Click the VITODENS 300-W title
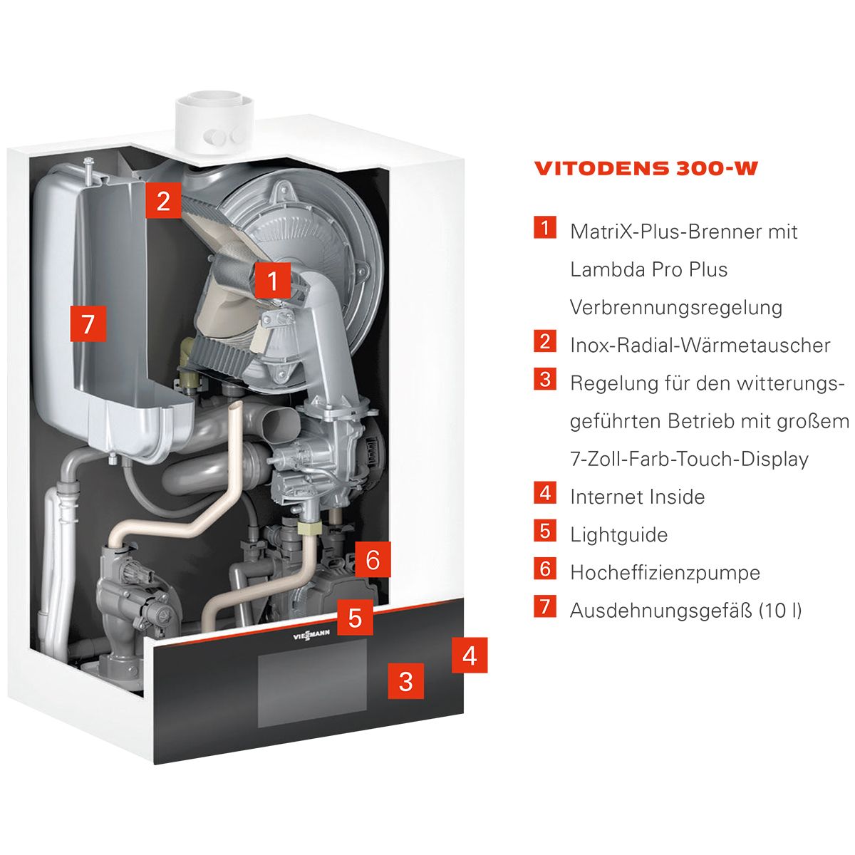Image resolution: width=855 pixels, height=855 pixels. [x=646, y=169]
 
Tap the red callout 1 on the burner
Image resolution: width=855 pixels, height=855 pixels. [x=272, y=281]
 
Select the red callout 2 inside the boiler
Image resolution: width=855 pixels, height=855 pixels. [x=163, y=200]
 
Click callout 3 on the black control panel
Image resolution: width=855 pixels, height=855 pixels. [x=405, y=681]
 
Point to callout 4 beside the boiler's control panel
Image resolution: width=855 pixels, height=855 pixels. [x=470, y=655]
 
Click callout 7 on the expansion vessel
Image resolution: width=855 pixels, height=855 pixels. [x=88, y=323]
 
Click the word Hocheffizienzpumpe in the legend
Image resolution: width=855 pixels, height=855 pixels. [x=665, y=573]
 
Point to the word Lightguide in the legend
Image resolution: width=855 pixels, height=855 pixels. [x=619, y=535]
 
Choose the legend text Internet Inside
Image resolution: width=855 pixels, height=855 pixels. [x=638, y=497]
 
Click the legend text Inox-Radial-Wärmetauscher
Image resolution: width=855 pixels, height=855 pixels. [x=700, y=345]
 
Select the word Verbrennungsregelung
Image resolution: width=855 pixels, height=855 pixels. [x=676, y=308]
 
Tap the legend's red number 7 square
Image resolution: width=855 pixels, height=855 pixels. [x=545, y=606]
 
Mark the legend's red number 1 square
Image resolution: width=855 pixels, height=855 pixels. [x=545, y=227]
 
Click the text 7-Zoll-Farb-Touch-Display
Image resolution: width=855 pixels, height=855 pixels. [x=690, y=460]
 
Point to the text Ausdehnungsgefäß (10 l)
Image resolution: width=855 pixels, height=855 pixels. [x=686, y=611]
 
